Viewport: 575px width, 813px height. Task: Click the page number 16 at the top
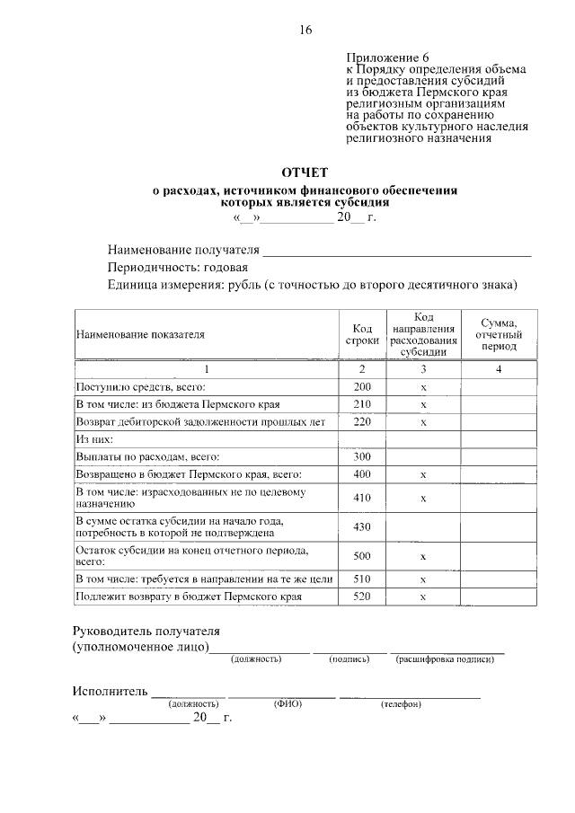tap(305, 31)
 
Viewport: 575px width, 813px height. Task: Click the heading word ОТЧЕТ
tap(305, 172)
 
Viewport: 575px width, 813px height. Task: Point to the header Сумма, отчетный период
tap(499, 334)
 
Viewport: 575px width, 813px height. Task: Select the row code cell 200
tap(362, 387)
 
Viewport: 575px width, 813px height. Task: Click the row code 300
tap(362, 457)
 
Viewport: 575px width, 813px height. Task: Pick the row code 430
tap(362, 526)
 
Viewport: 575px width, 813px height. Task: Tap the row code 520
tap(362, 596)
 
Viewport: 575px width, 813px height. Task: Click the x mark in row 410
tap(422, 498)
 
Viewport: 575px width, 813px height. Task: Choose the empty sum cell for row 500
tap(499, 556)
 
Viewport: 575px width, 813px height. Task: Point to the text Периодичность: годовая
tap(178, 268)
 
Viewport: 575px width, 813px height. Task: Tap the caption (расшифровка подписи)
tap(445, 660)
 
